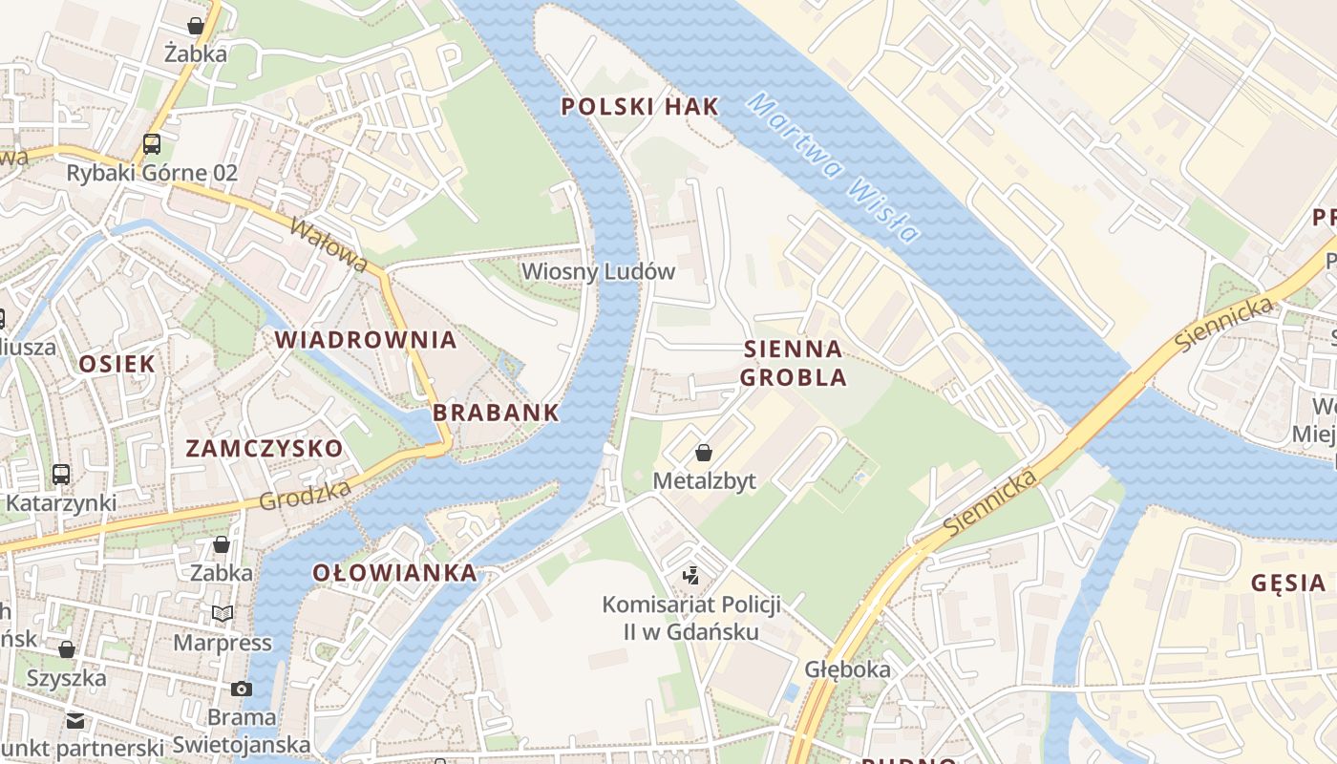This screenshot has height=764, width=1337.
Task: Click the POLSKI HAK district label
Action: (639, 107)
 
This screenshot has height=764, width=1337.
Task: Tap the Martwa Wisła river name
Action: (833, 167)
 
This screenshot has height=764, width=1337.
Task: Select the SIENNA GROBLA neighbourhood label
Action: (793, 363)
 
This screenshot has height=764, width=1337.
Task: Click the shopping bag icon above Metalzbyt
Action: (704, 453)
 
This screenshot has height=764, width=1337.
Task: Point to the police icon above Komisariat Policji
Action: (691, 575)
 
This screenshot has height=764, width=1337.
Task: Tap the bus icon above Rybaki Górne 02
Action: (152, 144)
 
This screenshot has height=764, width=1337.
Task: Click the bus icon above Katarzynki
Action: (61, 475)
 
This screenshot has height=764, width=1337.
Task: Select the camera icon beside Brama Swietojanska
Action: (242, 689)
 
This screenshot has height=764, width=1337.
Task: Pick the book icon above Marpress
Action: (223, 614)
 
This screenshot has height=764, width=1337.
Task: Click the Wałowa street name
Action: (329, 245)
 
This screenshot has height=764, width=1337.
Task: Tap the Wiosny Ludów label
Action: (598, 271)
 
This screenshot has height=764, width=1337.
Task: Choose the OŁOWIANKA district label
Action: (395, 573)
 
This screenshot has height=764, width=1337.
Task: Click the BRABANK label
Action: (496, 414)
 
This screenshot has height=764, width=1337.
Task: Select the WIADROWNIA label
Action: (366, 340)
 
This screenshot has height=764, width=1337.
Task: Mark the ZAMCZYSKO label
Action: (265, 449)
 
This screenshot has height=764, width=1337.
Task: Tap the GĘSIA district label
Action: (1287, 583)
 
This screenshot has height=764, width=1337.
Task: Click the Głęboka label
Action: (847, 669)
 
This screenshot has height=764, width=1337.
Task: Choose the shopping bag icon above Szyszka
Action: (67, 650)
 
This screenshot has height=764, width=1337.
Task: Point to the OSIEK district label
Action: (117, 364)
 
